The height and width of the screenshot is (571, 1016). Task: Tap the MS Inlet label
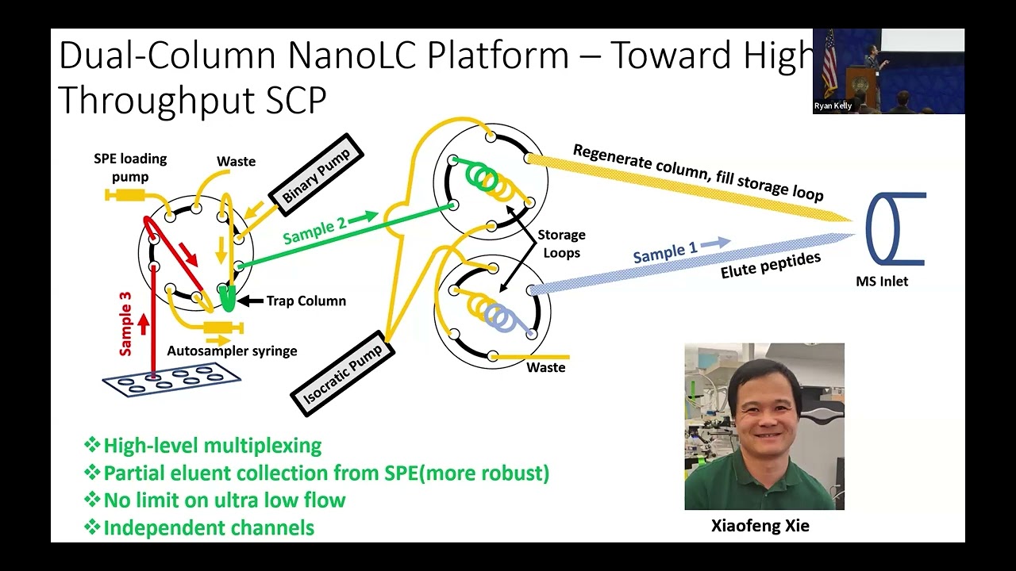point(881,281)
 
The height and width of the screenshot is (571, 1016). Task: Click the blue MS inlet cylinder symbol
point(895,228)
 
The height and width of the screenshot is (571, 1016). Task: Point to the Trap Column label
point(306,301)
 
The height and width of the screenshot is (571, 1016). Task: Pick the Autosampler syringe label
point(232,351)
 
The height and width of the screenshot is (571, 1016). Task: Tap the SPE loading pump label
point(130,167)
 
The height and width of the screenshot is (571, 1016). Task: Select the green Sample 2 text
point(314,230)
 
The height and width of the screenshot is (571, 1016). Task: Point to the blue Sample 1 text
point(665,253)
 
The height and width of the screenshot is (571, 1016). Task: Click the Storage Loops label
point(561,243)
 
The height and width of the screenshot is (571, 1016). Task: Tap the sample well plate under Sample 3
point(171,379)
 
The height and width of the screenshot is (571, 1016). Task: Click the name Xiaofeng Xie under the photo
point(760,526)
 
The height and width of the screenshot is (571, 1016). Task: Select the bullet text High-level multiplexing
point(212,446)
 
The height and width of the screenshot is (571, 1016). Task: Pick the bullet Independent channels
point(208,527)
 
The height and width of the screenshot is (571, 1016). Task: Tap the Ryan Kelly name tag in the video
point(833,105)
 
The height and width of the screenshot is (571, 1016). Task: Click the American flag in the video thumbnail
point(829,63)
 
